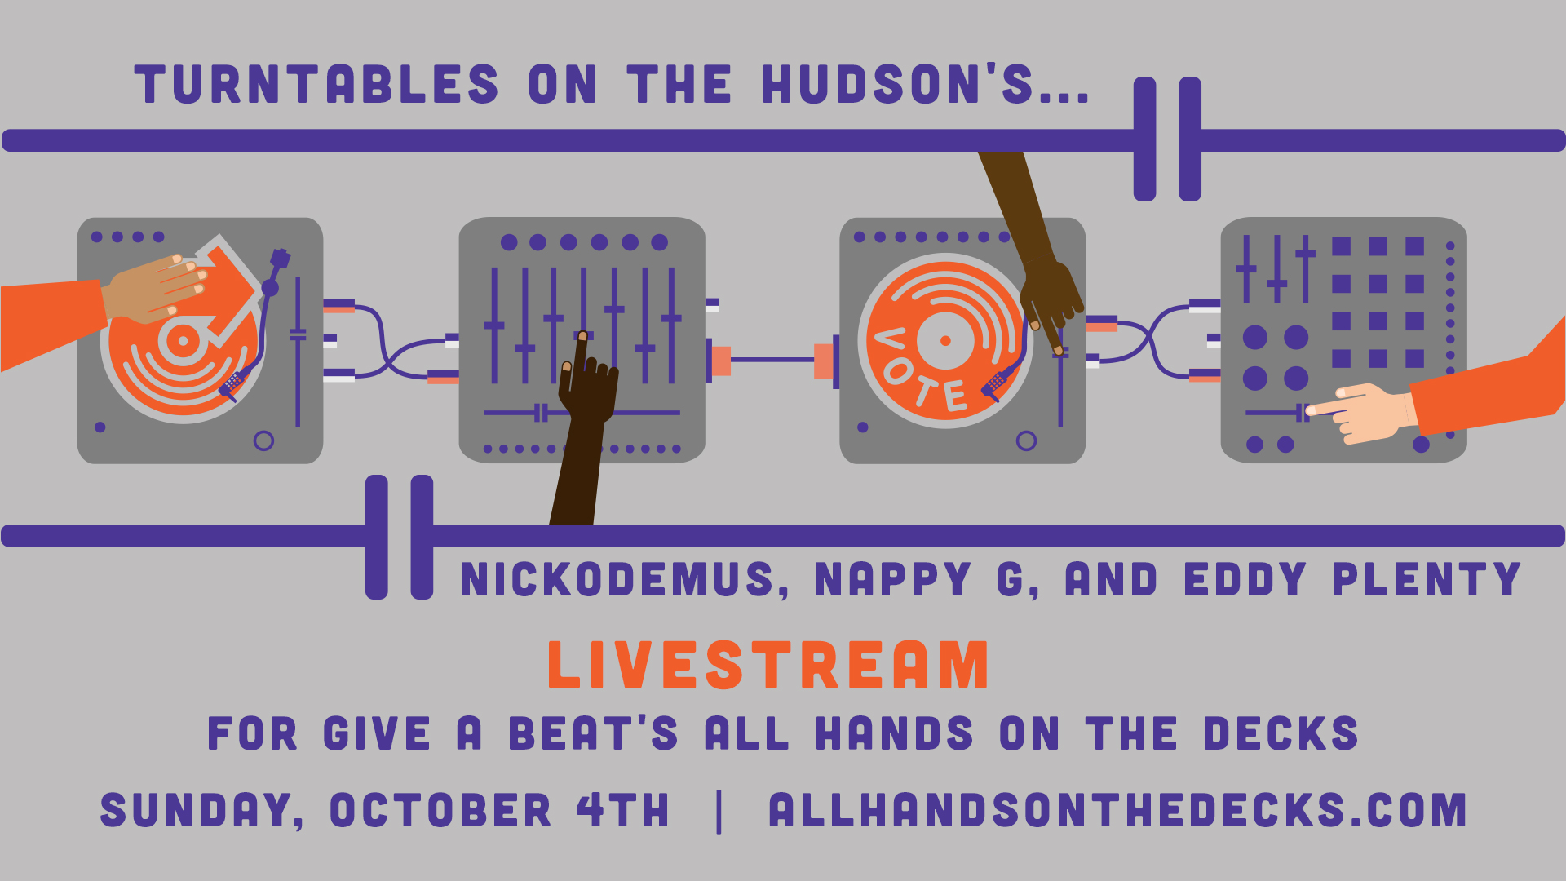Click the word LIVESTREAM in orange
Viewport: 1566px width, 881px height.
768,665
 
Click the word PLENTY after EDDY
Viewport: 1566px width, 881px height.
1427,579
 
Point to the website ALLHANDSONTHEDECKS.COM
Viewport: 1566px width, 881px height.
1117,810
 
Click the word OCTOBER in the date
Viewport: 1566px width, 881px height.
440,810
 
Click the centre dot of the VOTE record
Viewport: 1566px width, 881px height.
945,341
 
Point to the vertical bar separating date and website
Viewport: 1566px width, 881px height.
719,812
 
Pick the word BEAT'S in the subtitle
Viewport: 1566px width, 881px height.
593,733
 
